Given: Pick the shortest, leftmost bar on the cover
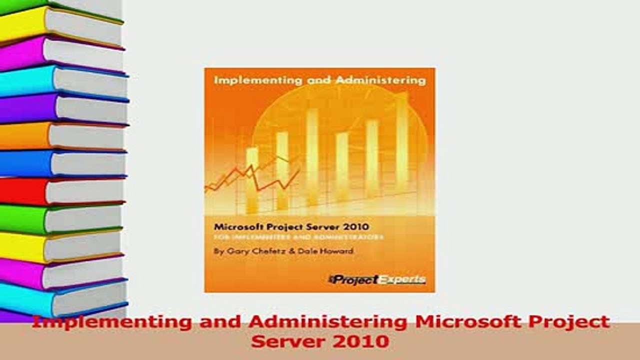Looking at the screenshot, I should tap(252, 180).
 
